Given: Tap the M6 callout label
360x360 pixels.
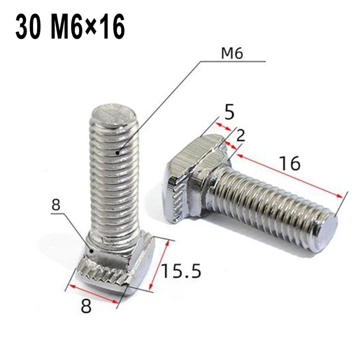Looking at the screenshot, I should (232, 54).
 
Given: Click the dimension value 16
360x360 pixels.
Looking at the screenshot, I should (290, 164).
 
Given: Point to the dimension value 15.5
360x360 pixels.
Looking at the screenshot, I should (181, 271).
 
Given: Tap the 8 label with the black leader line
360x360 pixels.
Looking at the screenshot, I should (56, 206).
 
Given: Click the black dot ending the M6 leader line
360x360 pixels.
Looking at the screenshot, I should (118, 152).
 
